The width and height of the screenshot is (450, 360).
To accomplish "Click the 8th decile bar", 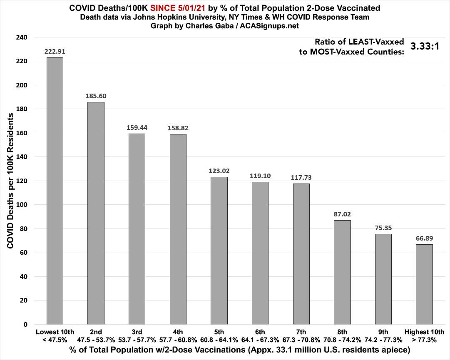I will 343,272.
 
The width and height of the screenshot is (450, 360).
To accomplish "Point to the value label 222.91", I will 55,52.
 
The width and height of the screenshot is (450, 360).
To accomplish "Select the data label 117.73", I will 301,177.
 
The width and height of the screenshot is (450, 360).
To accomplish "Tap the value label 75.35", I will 383,228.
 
